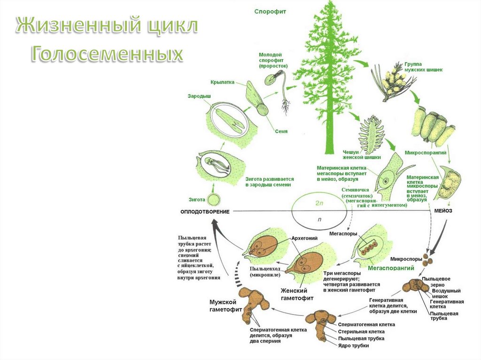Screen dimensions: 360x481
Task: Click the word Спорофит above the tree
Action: tap(271, 10)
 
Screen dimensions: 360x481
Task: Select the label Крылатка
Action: tap(222, 82)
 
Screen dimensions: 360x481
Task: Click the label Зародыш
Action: tap(199, 96)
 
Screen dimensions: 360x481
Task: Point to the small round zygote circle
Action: tap(214, 199)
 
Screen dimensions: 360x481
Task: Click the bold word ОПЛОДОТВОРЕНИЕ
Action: tap(205, 212)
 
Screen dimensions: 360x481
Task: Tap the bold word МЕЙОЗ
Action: tap(443, 211)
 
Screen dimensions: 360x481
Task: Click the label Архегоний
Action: tap(303, 238)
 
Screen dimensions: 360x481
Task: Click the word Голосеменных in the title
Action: tap(107, 54)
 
